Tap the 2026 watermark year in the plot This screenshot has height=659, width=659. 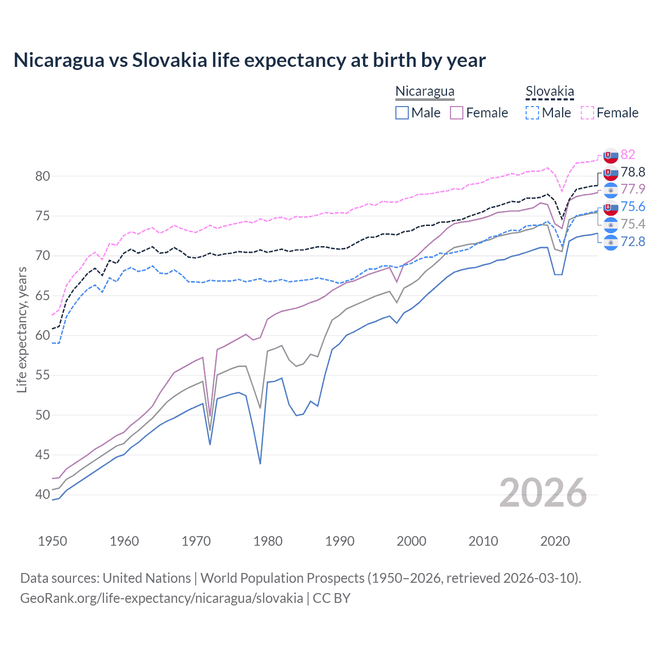[543, 493]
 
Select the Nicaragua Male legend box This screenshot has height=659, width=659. [402, 113]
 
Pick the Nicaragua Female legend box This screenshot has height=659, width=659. [457, 113]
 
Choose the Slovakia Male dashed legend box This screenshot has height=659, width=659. [532, 113]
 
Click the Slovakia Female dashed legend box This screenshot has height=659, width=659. [587, 113]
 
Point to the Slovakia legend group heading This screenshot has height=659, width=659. [549, 92]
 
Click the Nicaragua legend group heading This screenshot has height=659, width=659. [425, 92]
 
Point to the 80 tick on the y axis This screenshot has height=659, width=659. [43, 176]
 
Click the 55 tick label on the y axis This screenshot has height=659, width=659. [43, 375]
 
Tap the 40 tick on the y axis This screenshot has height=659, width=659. [43, 495]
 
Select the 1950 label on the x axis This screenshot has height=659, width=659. [53, 541]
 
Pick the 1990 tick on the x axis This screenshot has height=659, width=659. [340, 541]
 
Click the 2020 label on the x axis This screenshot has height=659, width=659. [555, 541]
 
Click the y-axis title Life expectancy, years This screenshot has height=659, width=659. [22, 329]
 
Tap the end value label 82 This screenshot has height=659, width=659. [628, 154]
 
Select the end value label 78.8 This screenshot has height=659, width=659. [633, 172]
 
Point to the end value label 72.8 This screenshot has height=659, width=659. [633, 241]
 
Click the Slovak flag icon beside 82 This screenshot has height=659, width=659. [611, 155]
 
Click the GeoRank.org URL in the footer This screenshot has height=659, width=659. [161, 598]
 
